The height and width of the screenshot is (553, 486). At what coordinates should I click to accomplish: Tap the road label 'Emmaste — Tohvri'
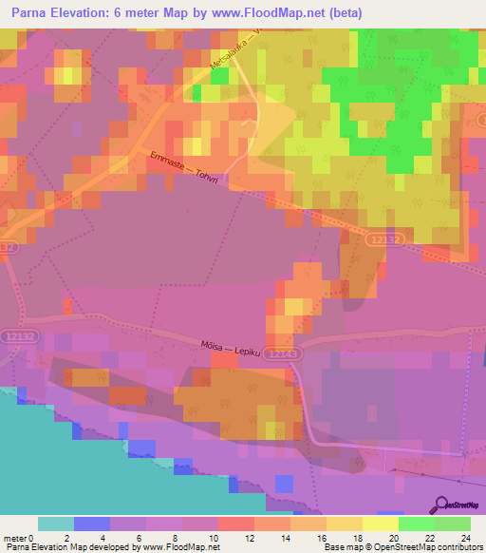tap(189, 167)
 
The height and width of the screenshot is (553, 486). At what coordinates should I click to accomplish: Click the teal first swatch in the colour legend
tap(56, 524)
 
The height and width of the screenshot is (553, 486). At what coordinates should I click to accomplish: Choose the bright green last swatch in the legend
tap(453, 524)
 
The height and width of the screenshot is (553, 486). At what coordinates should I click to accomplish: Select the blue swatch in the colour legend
tap(92, 524)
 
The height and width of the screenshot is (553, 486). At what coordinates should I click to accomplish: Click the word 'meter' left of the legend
tap(15, 537)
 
